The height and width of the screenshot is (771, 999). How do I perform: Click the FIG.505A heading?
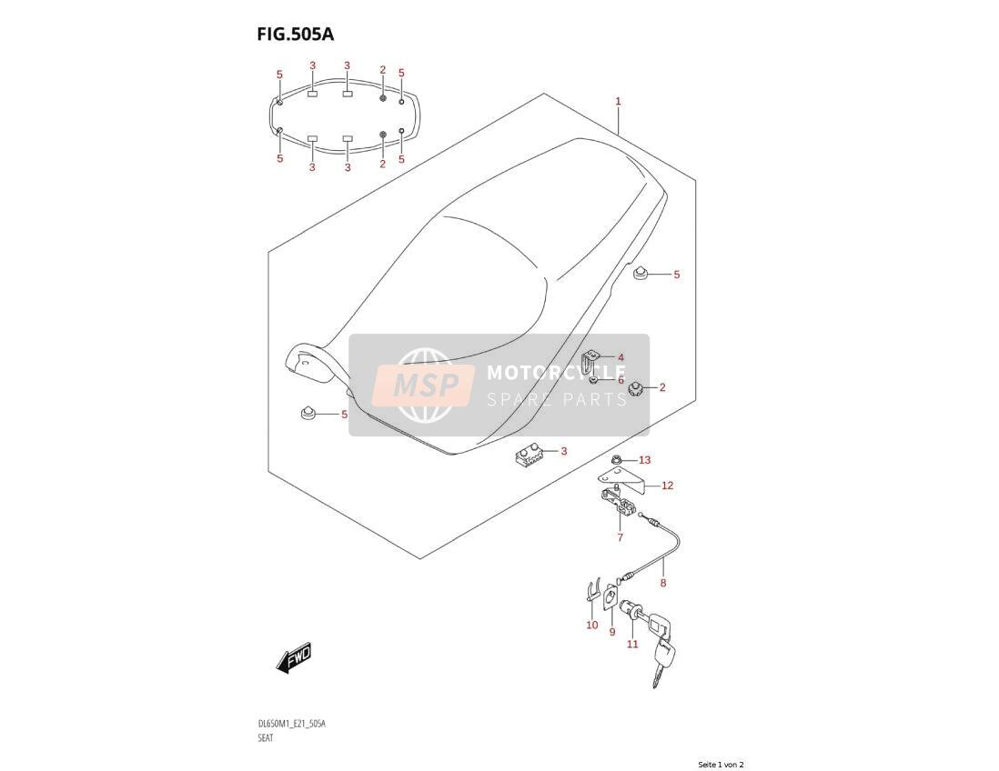[295, 34]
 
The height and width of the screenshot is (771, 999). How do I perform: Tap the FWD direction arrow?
[294, 656]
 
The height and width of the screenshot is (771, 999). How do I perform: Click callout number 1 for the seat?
[618, 101]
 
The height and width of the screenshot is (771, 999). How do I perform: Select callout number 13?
[645, 460]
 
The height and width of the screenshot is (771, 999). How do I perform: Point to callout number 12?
[667, 486]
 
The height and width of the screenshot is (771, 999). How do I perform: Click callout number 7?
[620, 537]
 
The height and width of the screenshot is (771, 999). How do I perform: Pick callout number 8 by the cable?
[663, 583]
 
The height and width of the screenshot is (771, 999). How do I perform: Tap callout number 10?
[592, 626]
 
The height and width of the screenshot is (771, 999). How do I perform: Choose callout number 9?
[612, 632]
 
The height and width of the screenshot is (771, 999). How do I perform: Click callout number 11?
[632, 645]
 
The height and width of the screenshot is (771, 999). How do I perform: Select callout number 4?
[621, 358]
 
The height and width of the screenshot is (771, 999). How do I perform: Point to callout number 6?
[621, 380]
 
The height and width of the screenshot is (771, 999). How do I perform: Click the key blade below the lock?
[656, 672]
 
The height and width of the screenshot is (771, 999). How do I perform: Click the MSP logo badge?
[423, 385]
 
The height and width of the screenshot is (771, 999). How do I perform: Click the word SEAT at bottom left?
[265, 738]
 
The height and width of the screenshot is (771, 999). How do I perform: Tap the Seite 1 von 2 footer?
[721, 765]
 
